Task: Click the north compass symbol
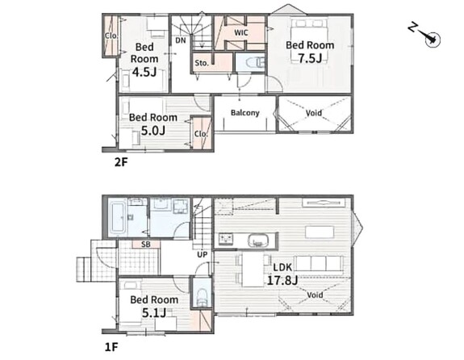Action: [x=426, y=36]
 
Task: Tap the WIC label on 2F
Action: [x=241, y=32]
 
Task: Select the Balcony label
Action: [x=245, y=113]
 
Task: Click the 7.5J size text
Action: [x=310, y=58]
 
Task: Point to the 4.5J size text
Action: [x=144, y=72]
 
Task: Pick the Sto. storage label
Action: [x=202, y=63]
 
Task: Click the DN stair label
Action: [x=181, y=40]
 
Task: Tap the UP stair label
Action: [x=202, y=254]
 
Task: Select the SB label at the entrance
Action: [x=146, y=245]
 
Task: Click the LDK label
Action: [x=282, y=267]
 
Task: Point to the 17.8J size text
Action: [x=282, y=280]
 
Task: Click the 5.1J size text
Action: [x=154, y=312]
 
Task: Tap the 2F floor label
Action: [x=121, y=162]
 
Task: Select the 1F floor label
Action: [x=111, y=347]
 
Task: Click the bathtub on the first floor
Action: [x=118, y=218]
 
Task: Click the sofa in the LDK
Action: [x=319, y=264]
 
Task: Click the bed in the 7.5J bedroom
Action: [x=310, y=40]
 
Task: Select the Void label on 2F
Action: [x=314, y=113]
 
